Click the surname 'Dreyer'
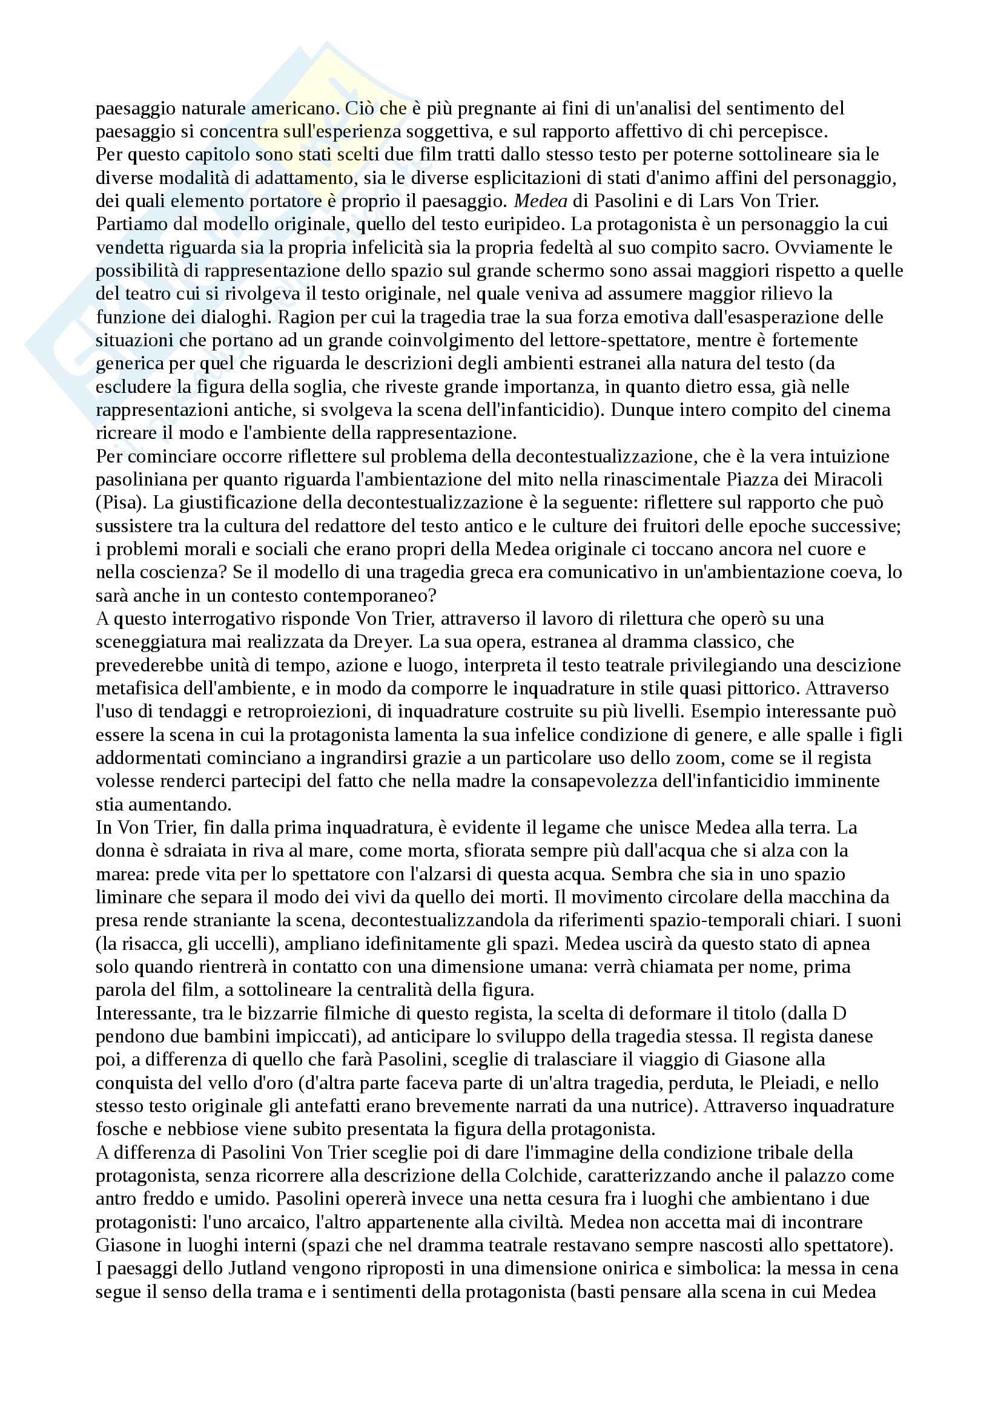point(380,642)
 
